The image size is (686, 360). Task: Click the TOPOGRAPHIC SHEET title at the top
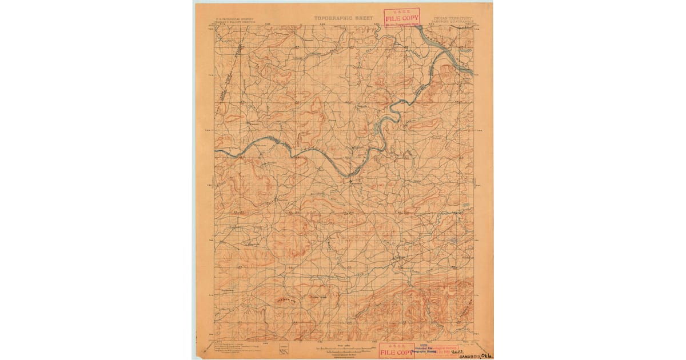point(344,18)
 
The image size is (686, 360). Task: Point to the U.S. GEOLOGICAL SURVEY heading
point(234,18)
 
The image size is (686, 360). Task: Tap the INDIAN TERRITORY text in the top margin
point(453,18)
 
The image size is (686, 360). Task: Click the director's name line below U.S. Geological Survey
point(234,22)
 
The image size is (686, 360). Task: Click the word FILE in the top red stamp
point(394,18)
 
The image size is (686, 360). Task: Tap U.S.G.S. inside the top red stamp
point(402,11)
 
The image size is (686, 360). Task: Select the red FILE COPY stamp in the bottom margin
point(396,351)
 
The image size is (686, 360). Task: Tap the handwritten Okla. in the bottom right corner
point(486,355)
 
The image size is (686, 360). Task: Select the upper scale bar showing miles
point(344,347)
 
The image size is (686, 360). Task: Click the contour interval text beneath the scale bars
point(344,355)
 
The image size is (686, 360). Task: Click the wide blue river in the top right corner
point(446,46)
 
